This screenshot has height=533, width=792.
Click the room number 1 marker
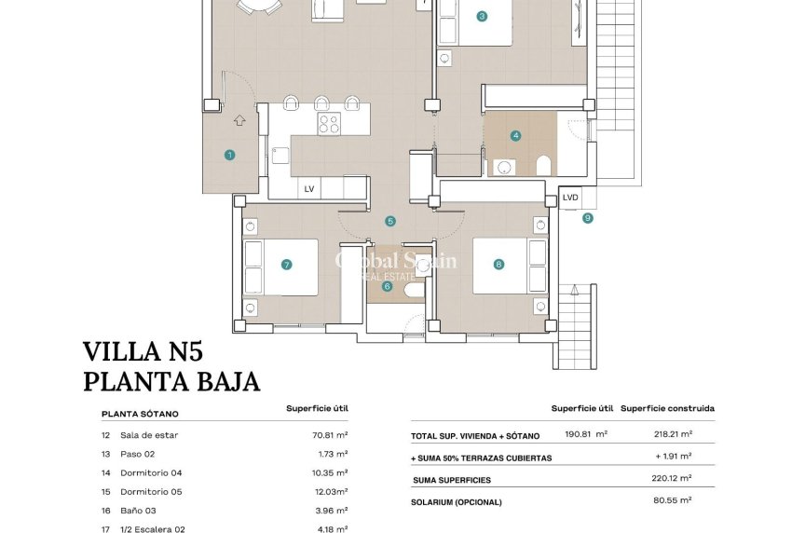coord(229,155)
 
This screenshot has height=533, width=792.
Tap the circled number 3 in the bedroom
coord(482,16)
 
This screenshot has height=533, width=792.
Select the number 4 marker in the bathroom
coord(515,135)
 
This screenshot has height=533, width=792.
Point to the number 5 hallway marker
coord(390,221)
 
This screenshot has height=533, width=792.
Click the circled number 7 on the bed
coord(286,265)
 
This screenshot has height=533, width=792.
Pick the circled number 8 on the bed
coord(498,265)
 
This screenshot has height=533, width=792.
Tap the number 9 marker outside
coord(587,218)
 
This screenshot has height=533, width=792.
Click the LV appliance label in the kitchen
coord(308,189)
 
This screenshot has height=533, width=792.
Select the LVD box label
coord(570,197)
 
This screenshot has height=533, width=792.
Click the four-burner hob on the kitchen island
coord(329,124)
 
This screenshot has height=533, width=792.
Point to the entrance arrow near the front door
coord(239,119)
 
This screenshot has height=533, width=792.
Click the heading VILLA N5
coord(143,351)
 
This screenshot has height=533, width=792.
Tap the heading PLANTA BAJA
coord(171,381)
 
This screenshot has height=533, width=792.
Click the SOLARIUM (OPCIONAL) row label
coord(457,502)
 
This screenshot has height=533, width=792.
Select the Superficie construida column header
coord(668,408)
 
